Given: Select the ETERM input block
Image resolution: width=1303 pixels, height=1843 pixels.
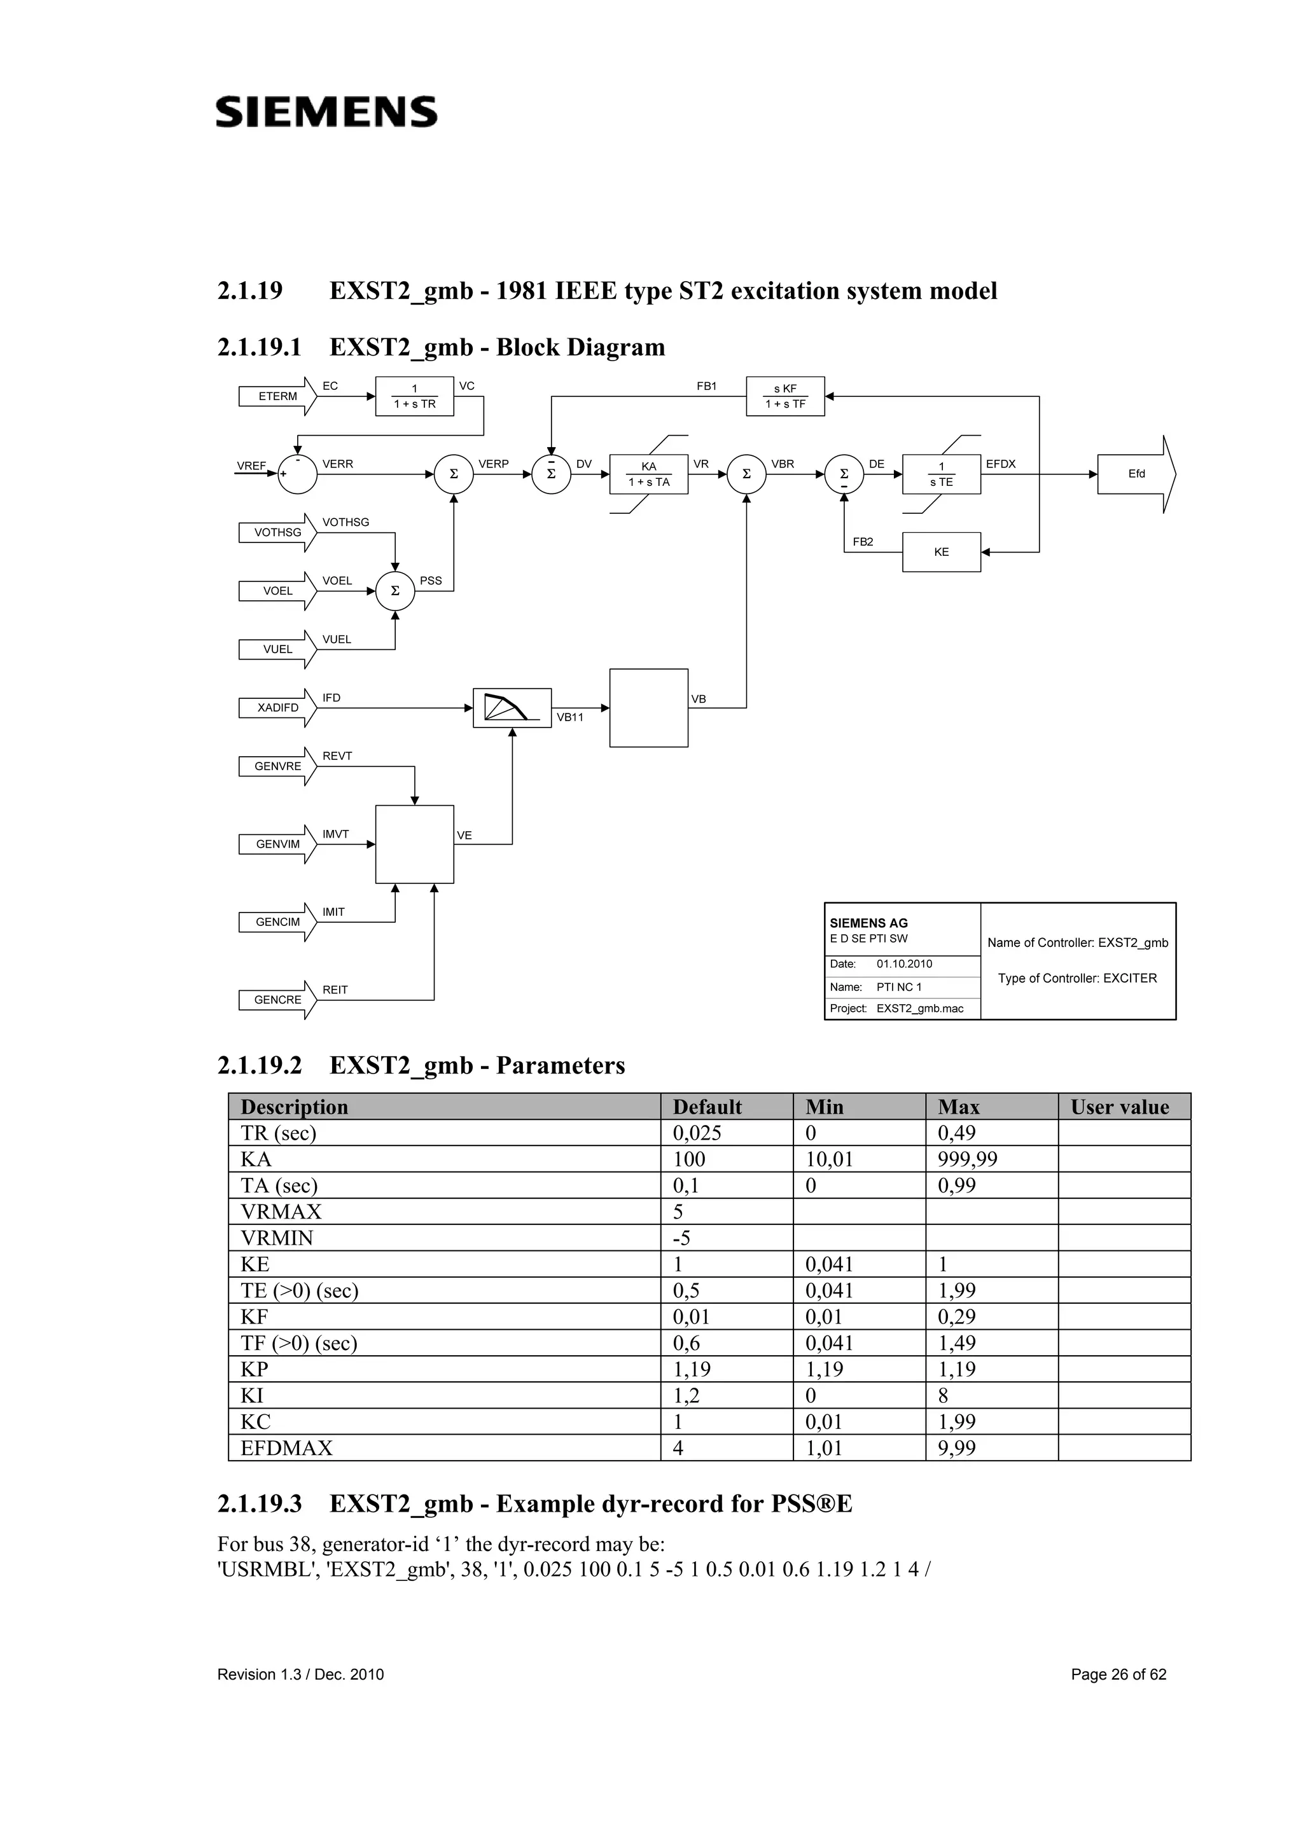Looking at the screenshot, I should tap(277, 397).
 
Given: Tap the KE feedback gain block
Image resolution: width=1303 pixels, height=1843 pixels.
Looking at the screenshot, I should tap(941, 552).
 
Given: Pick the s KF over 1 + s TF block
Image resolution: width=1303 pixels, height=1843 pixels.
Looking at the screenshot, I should tap(784, 397).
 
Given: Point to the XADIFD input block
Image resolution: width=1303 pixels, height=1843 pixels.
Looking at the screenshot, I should tap(277, 708).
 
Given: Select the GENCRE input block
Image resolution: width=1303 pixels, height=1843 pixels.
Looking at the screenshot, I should tap(277, 1000).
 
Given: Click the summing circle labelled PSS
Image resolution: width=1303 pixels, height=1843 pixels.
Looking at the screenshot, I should tap(395, 591).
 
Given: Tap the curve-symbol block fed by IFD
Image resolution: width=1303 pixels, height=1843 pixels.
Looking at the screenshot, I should tap(512, 708).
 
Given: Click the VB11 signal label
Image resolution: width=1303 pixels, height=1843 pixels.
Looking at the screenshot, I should tap(570, 717).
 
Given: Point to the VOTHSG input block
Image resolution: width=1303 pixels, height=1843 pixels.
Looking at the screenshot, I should tap(277, 533).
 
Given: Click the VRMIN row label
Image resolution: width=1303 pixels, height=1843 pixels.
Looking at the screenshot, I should tap(277, 1238).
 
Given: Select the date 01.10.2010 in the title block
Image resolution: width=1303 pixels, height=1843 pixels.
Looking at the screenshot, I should tap(904, 964).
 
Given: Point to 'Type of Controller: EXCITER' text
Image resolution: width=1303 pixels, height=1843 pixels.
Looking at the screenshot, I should tap(1077, 979).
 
